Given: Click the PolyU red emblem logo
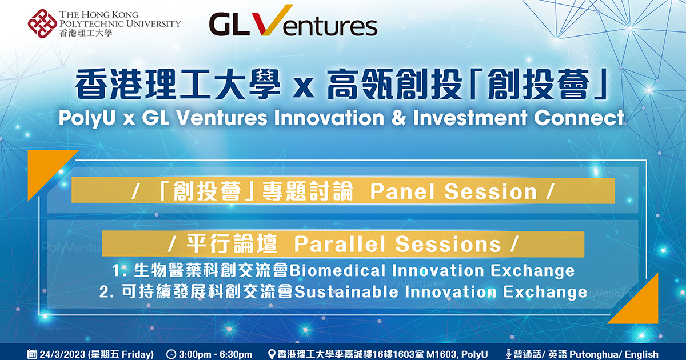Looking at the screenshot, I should (42, 24).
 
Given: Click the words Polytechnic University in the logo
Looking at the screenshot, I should (119, 23).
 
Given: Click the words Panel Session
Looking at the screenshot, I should (453, 192).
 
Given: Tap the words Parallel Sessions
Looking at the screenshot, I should (397, 245).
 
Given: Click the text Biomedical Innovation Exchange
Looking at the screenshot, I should (432, 270).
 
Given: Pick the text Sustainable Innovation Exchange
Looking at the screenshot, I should (440, 292).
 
